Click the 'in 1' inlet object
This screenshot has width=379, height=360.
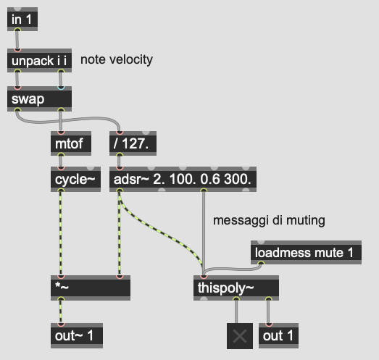(x=22, y=19)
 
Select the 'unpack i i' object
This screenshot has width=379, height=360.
(x=39, y=60)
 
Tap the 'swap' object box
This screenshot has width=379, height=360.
(x=39, y=99)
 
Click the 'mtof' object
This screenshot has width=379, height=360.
(x=71, y=143)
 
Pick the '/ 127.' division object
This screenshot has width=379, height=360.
(x=133, y=143)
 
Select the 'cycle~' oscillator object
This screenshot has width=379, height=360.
(x=75, y=179)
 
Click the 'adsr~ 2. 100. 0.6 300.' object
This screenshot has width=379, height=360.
(x=183, y=179)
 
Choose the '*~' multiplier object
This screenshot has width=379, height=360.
(x=91, y=288)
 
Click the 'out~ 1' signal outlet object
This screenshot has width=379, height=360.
(x=77, y=335)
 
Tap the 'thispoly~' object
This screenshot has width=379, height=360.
(x=236, y=288)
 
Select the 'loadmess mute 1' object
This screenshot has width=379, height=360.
(x=307, y=253)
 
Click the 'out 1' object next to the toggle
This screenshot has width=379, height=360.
(x=278, y=335)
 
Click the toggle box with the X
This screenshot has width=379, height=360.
(x=240, y=336)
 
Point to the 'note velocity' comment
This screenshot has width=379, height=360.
(x=117, y=59)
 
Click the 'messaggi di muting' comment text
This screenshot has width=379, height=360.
(x=269, y=220)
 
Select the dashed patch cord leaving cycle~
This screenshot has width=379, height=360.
(x=60, y=233)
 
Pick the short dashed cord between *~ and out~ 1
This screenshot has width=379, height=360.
(x=60, y=311)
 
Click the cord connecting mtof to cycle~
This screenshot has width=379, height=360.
(x=61, y=161)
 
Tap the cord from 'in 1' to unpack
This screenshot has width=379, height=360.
(x=17, y=40)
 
